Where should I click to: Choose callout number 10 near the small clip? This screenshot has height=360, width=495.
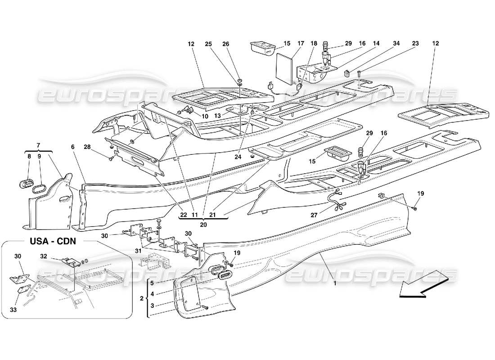click(x=205, y=116)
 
